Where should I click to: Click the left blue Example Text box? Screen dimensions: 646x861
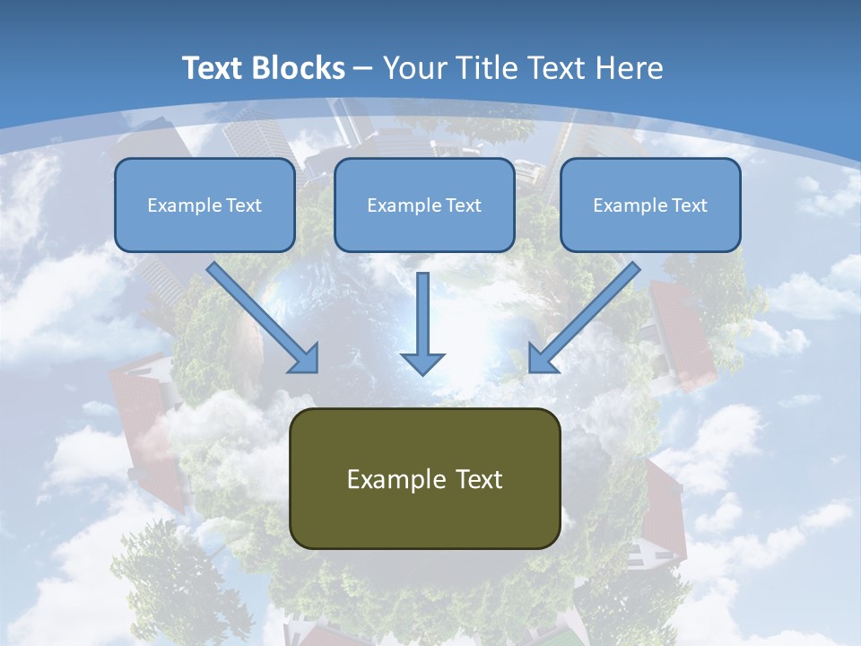[x=204, y=205]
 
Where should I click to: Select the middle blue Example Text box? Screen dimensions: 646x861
[x=424, y=205]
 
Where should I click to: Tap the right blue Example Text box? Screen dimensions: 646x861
[x=650, y=205]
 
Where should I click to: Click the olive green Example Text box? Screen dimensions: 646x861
[x=424, y=478]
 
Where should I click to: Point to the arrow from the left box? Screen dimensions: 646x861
[x=260, y=316]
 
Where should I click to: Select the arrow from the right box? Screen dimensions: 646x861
[x=587, y=316]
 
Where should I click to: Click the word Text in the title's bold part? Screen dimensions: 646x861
[x=212, y=68]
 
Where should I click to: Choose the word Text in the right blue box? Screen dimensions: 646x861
[x=690, y=205]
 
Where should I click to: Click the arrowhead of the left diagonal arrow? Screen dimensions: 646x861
[x=305, y=359]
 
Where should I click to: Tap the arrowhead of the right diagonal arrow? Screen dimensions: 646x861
[x=542, y=359]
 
